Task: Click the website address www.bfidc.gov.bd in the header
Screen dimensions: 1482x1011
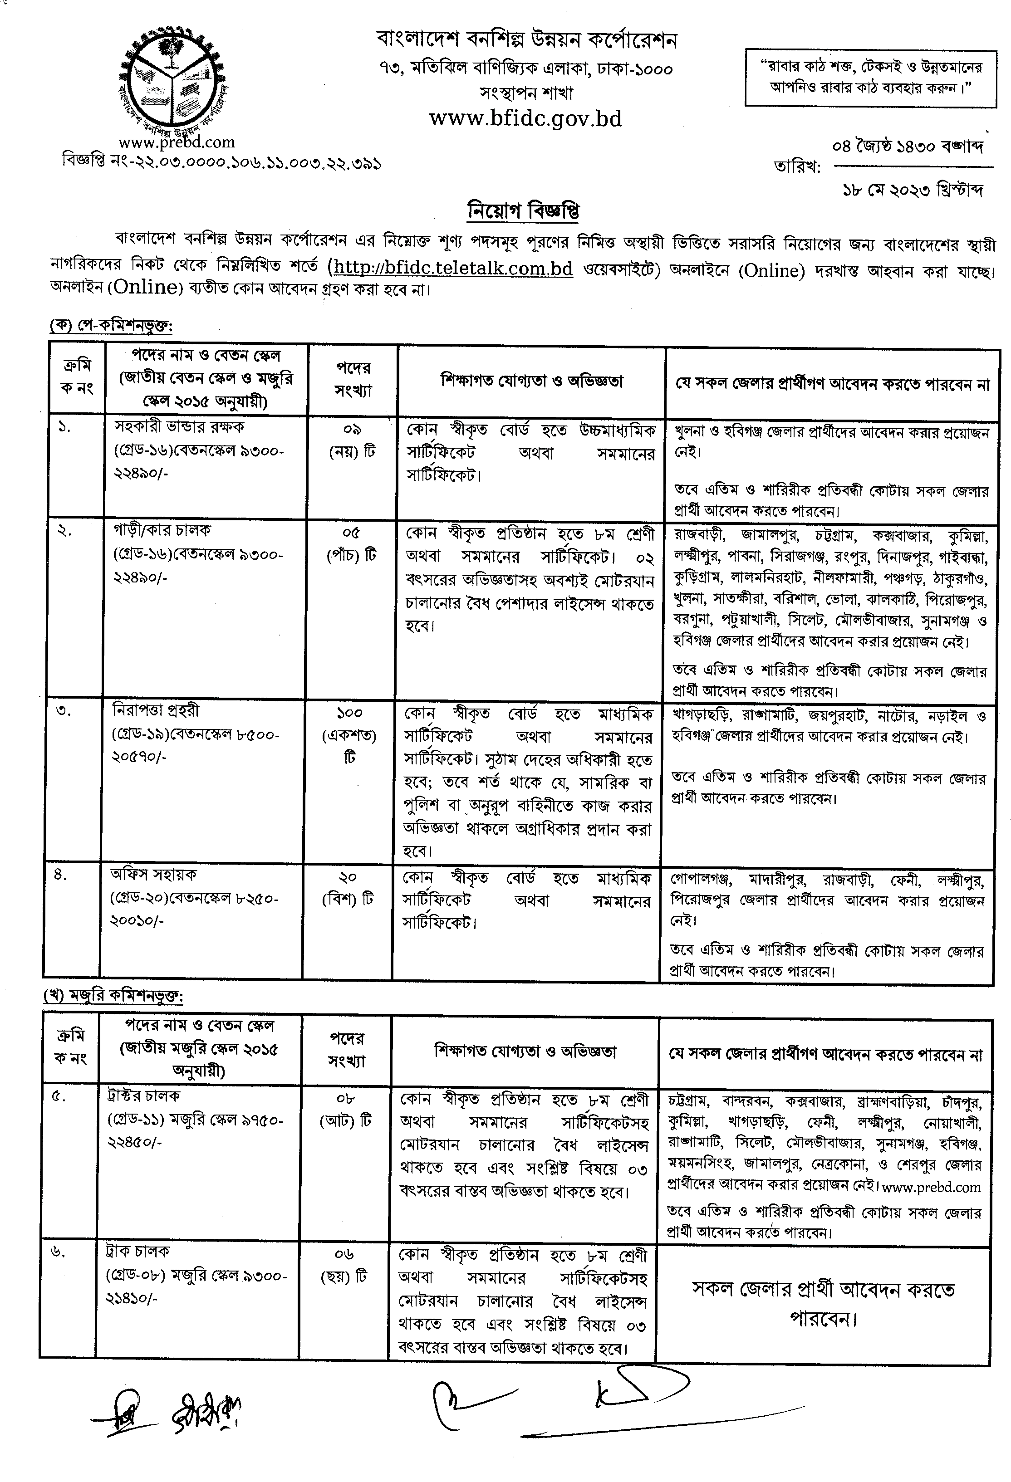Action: pyautogui.click(x=525, y=118)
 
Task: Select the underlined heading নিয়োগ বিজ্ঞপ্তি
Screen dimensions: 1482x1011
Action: pyautogui.click(x=523, y=210)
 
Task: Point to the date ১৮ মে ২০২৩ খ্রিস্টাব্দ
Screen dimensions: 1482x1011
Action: pyautogui.click(x=912, y=190)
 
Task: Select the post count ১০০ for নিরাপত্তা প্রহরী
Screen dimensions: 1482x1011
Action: pyautogui.click(x=349, y=712)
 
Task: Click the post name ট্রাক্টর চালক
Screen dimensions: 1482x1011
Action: pyautogui.click(x=143, y=1095)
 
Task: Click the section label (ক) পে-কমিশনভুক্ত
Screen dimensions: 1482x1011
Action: pyautogui.click(x=112, y=325)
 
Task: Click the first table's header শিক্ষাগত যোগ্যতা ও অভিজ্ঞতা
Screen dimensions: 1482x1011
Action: pyautogui.click(x=531, y=382)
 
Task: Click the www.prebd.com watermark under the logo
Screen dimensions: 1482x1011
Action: pyautogui.click(x=176, y=142)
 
